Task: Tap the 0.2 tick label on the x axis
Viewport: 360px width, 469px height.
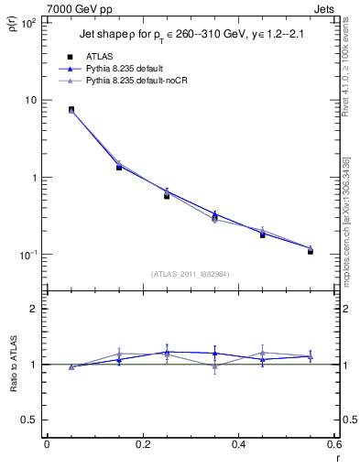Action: (x=142, y=444)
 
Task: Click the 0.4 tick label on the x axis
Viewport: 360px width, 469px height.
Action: (x=238, y=444)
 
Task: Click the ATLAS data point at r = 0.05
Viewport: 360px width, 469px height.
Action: (x=71, y=110)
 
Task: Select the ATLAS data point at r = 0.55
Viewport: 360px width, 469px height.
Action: (x=311, y=251)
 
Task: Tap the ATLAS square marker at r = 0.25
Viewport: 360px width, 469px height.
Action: (x=167, y=196)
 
